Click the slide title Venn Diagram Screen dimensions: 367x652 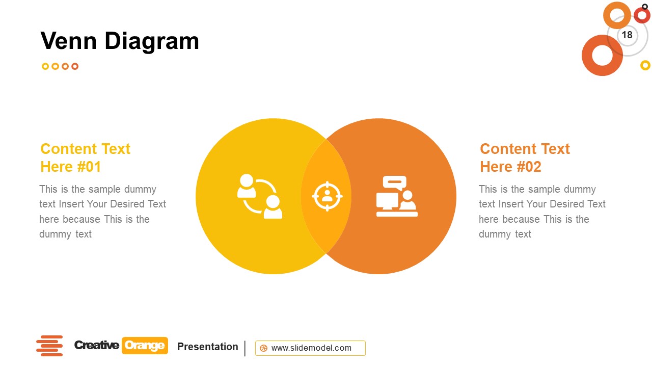coord(120,41)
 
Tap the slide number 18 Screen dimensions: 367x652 coord(627,35)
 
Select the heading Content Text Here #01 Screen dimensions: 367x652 coord(85,158)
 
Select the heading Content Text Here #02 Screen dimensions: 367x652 coord(525,158)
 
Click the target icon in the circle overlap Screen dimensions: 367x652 coord(327,196)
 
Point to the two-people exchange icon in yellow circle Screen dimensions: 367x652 coord(260,196)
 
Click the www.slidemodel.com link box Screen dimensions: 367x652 coord(310,348)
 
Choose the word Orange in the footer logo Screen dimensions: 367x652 coord(145,346)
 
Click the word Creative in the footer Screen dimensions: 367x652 coord(96,346)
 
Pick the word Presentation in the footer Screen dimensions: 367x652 coord(207,347)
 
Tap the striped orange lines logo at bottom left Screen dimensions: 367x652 coord(49,346)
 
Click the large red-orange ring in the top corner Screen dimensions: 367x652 coord(602,56)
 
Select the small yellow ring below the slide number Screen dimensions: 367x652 coord(645,65)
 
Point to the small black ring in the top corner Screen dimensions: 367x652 coord(645,6)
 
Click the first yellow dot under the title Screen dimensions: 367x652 coord(45,66)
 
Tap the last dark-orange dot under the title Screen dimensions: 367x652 coord(75,66)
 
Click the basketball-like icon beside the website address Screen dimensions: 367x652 coord(263,348)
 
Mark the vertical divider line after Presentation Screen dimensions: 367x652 coord(245,348)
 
